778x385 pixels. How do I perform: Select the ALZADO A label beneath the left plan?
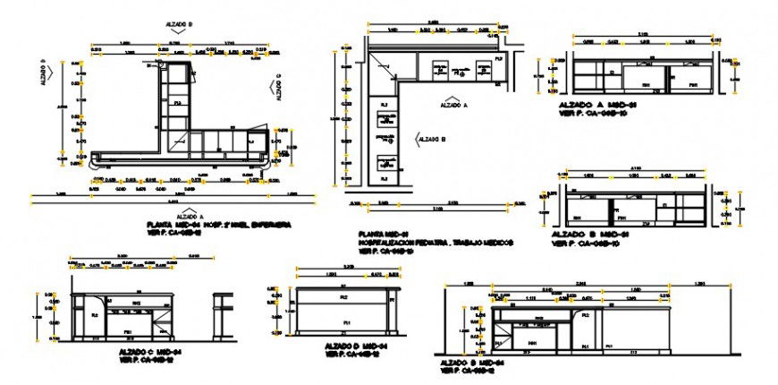pos(189,216)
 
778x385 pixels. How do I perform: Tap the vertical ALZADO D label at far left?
pos(42,73)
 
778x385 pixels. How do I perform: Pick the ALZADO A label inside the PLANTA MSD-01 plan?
pos(453,106)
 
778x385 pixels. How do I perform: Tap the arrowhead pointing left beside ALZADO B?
pos(418,139)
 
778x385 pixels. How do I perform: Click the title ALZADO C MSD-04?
pos(154,353)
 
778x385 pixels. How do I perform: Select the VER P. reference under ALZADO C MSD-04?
pos(153,361)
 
